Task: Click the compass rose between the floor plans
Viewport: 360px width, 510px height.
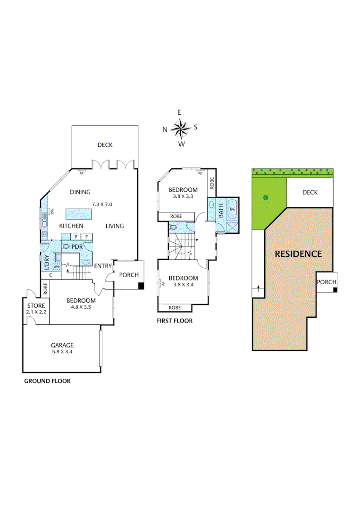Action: (180, 128)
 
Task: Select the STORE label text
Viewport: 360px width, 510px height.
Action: (35, 306)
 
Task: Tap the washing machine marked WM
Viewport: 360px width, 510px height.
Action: (56, 267)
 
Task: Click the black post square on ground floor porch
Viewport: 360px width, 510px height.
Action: (141, 285)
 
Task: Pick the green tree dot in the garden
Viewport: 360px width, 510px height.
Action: (266, 197)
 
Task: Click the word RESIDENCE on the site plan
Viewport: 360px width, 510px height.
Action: (298, 254)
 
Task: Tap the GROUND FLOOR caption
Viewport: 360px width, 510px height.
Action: (47, 381)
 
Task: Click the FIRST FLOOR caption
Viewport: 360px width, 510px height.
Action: (175, 321)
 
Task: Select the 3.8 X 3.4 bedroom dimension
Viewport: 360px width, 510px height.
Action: (183, 285)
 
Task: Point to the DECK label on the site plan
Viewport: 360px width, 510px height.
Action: (310, 192)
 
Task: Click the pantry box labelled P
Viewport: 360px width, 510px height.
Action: (76, 237)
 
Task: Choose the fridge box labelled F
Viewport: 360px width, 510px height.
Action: (87, 237)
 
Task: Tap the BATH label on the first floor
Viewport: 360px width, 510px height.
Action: (221, 211)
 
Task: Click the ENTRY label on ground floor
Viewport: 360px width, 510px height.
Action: (102, 266)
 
